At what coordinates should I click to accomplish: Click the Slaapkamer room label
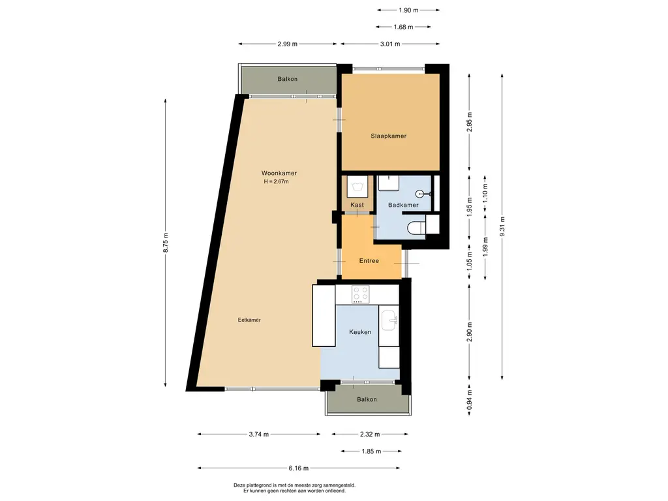[389, 136]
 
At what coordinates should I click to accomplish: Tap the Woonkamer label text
[279, 173]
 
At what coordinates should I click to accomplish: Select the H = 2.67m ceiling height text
[276, 181]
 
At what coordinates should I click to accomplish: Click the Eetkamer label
[249, 320]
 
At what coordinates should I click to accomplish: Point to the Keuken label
[360, 332]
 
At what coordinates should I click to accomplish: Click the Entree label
[369, 261]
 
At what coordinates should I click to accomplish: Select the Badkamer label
[402, 205]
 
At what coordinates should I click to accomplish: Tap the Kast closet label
[357, 205]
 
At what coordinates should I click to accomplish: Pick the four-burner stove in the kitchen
[360, 294]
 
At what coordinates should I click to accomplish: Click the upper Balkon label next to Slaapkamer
[288, 79]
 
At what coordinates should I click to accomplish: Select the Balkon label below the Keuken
[367, 399]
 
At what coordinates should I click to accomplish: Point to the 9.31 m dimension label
[502, 226]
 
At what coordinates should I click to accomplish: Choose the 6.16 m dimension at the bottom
[298, 468]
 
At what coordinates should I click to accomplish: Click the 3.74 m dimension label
[258, 434]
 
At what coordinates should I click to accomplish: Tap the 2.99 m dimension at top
[288, 44]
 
